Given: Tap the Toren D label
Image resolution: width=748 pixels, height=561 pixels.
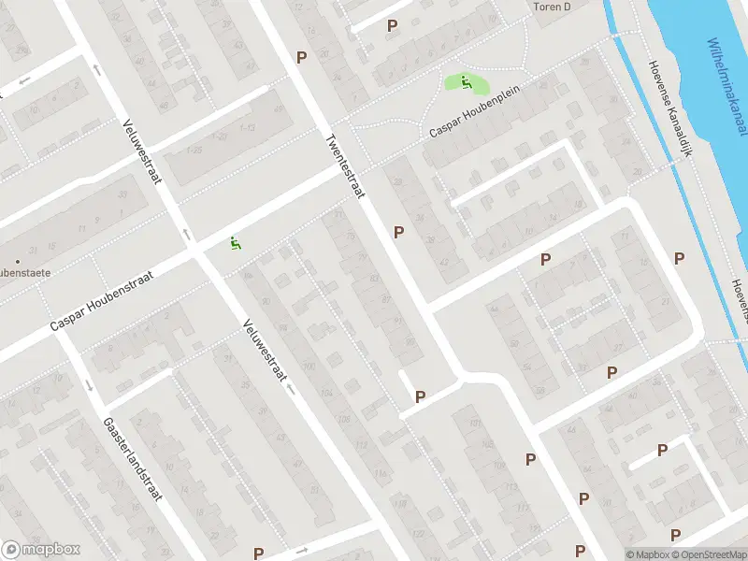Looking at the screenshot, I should tap(551, 7).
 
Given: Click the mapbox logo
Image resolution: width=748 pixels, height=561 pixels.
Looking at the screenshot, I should tap(41, 550).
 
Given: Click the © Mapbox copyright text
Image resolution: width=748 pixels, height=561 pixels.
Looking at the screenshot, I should tap(648, 554).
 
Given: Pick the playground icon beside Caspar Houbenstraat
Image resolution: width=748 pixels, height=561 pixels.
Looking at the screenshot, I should tap(235, 243).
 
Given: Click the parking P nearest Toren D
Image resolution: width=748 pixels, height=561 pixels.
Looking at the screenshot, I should tap(392, 26).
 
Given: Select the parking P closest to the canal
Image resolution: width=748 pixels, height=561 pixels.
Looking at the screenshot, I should tap(680, 258).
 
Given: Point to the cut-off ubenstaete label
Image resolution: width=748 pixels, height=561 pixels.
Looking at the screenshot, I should tap(23, 273).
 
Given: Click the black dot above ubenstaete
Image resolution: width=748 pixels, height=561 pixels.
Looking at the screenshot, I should tap(17, 260).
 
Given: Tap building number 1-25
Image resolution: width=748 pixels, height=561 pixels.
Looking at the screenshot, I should tap(194, 150).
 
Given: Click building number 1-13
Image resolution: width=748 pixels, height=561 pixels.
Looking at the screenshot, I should tap(247, 128).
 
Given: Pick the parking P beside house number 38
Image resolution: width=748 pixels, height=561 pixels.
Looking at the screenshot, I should tap(399, 232).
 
